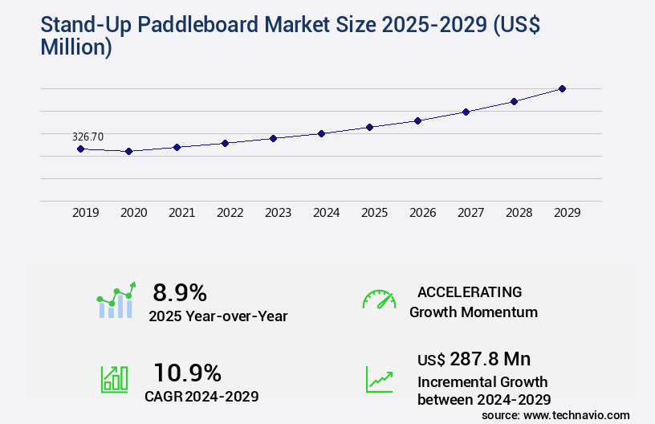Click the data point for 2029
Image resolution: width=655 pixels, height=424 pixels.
coord(562,88)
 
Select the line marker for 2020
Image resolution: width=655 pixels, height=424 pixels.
coord(128,151)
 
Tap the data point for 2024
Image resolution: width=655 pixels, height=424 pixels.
coord(321,133)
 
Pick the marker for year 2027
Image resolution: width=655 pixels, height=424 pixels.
coord(466,112)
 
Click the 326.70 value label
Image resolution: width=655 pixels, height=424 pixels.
coord(87,137)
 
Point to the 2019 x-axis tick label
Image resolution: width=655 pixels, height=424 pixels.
coord(86,214)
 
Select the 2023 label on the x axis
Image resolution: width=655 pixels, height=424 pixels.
coord(279,214)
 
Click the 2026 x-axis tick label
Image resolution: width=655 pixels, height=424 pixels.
coord(423,214)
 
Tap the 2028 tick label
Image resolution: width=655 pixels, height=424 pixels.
coord(519,214)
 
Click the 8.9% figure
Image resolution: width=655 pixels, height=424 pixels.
coord(180,292)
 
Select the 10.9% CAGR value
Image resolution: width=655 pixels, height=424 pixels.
coord(187,373)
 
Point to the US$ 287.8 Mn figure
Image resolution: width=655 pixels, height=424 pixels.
coord(474,359)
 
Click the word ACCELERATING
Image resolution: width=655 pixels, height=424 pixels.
coord(470,292)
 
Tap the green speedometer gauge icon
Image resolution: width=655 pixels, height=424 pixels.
coord(379,300)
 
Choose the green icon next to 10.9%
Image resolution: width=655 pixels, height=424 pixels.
coord(114,379)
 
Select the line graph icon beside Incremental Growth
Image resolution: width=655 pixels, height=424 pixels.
coord(379,379)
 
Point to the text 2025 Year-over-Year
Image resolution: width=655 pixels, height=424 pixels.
coord(218,316)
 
